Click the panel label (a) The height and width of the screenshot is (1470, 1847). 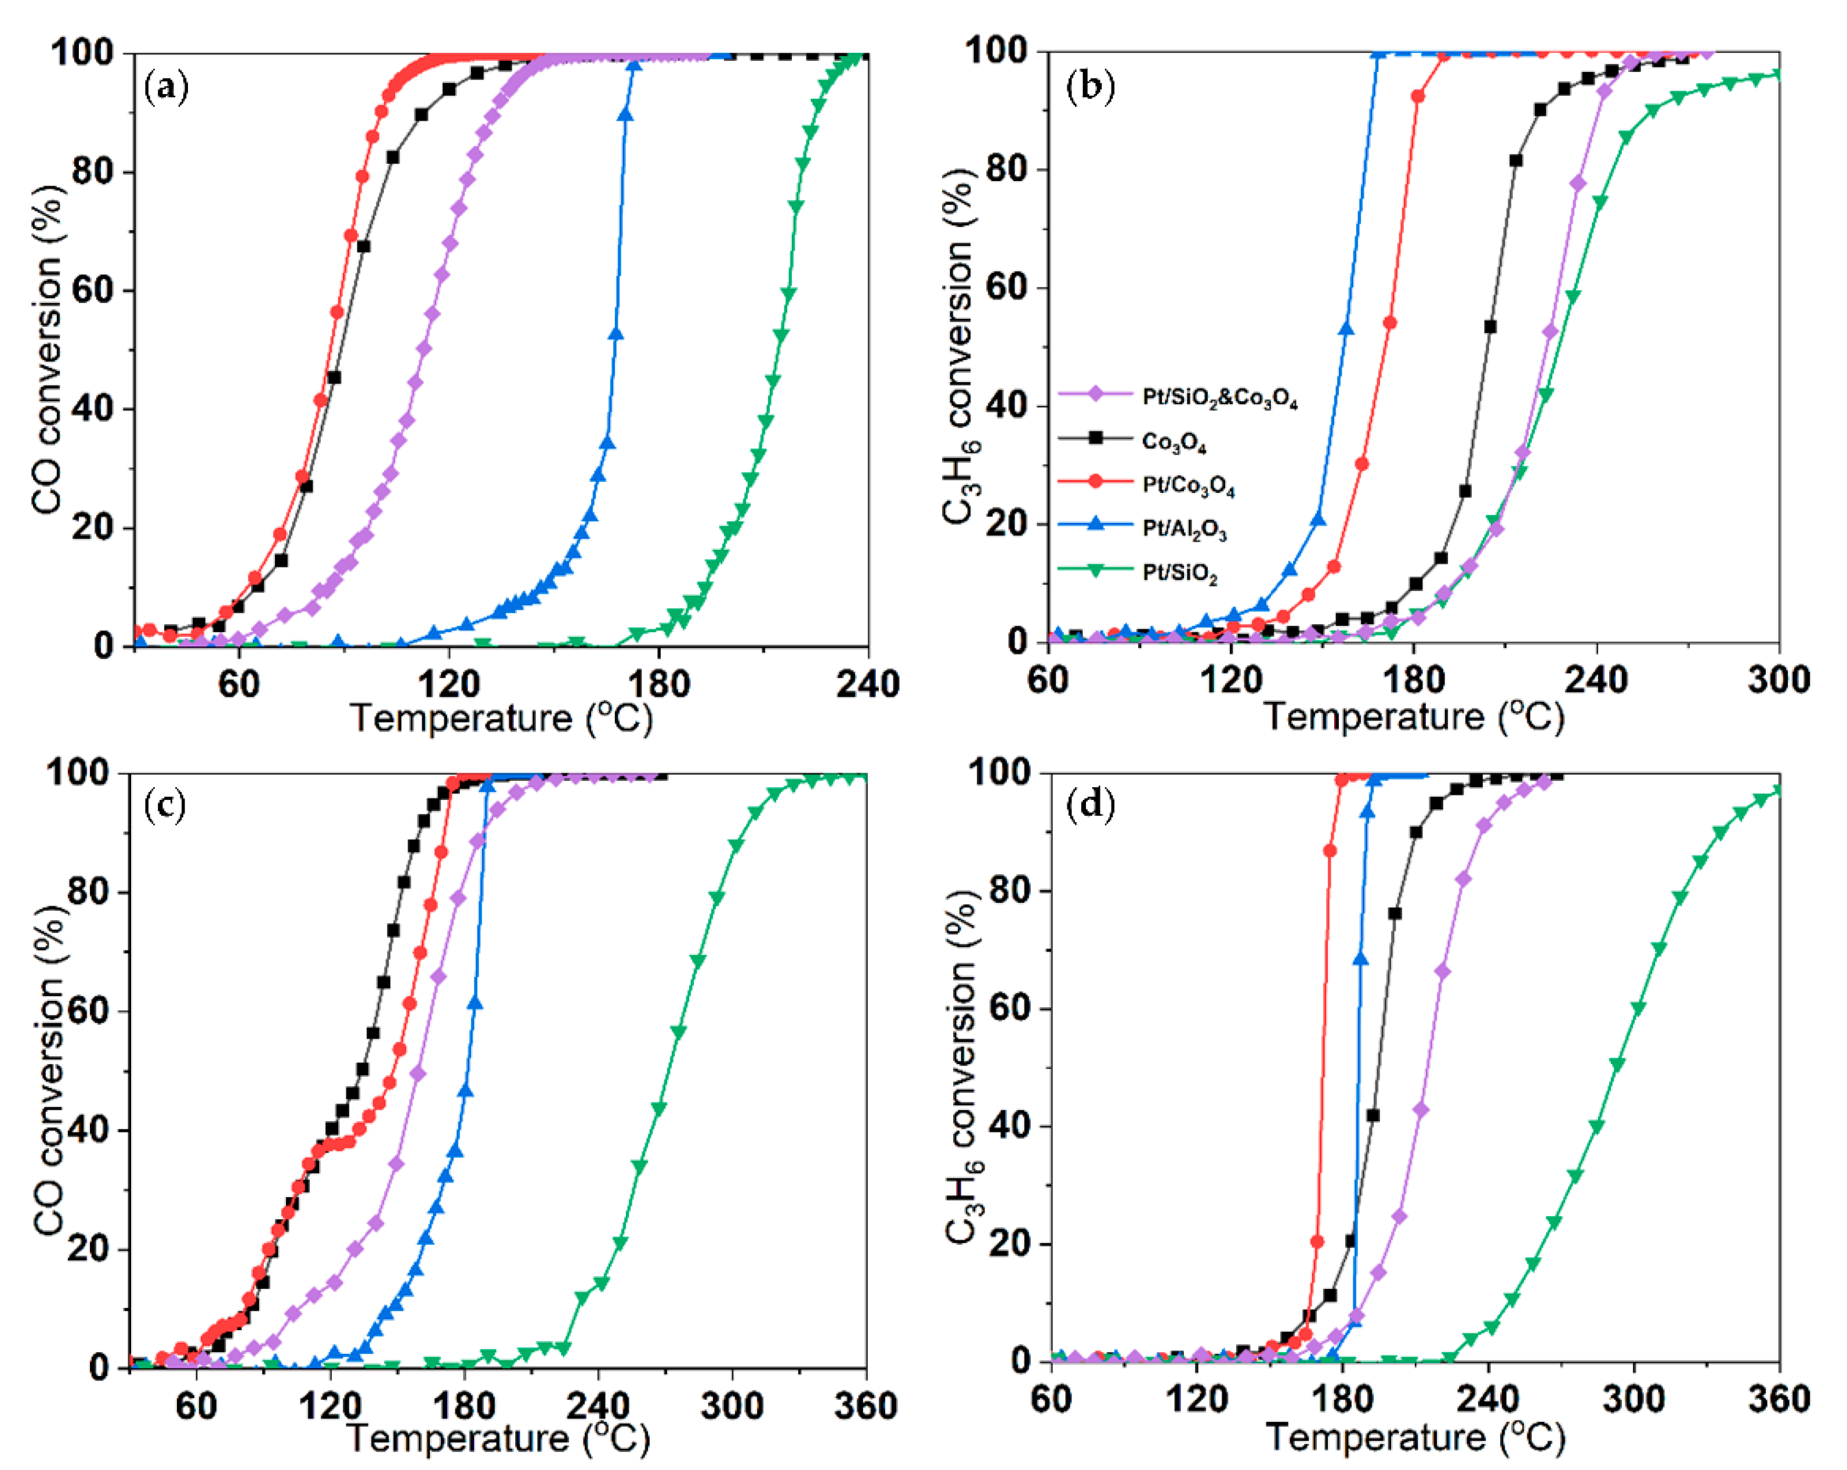pyautogui.click(x=166, y=88)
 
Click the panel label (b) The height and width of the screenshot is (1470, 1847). pyautogui.click(x=1090, y=88)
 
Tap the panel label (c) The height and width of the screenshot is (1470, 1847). pyautogui.click(x=165, y=806)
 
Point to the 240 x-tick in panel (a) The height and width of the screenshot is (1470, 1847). pyautogui.click(x=867, y=684)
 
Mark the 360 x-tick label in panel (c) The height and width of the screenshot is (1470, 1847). pyautogui.click(x=865, y=1406)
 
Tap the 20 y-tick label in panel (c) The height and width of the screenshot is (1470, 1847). pyautogui.click(x=90, y=1249)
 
